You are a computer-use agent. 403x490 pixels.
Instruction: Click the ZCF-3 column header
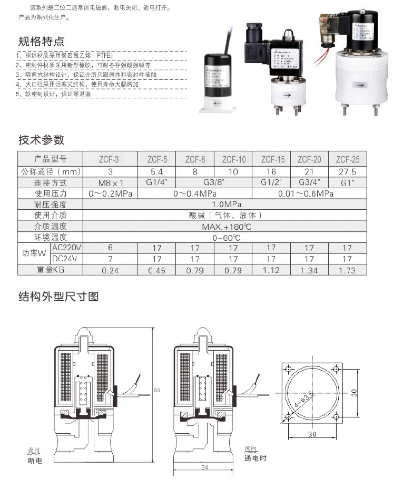[110, 159]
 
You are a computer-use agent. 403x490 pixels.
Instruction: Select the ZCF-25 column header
[348, 159]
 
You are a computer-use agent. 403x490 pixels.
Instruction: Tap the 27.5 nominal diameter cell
[348, 171]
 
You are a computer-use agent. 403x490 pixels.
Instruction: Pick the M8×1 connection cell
[110, 183]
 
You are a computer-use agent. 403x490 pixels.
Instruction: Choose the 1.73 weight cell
[347, 271]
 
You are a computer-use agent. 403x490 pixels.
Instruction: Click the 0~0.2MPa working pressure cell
[110, 194]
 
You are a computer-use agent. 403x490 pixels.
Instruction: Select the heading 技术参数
[41, 140]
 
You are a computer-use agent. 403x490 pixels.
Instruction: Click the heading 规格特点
[41, 42]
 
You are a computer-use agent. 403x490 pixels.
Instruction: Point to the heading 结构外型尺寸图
[58, 297]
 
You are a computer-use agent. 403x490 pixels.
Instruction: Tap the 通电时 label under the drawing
[255, 458]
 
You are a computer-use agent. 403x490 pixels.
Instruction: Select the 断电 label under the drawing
[34, 461]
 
